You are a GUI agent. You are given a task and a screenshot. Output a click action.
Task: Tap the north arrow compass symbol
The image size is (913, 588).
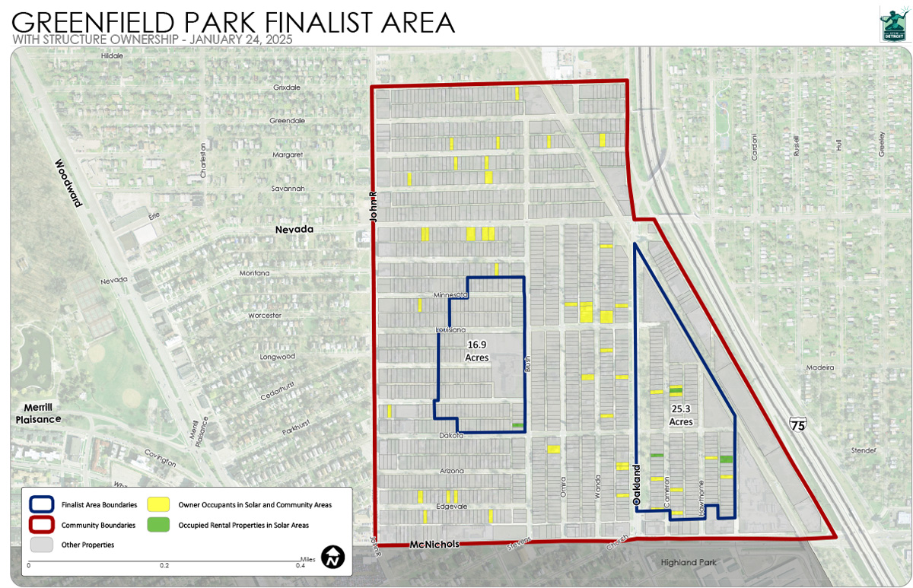[332, 557]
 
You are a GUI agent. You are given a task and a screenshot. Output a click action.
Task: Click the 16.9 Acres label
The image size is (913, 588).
[478, 351]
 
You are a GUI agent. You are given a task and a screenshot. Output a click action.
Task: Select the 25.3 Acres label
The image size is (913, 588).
[681, 415]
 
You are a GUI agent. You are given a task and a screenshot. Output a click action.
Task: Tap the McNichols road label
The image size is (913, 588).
[434, 545]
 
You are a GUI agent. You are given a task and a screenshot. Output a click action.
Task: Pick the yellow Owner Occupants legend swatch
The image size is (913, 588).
[158, 504]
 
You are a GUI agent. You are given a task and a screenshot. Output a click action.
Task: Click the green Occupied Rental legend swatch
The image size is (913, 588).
[158, 525]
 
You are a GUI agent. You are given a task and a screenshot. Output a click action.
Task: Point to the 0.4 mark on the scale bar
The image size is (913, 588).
[301, 565]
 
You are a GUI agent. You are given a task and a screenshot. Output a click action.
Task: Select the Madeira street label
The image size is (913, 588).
[821, 367]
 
